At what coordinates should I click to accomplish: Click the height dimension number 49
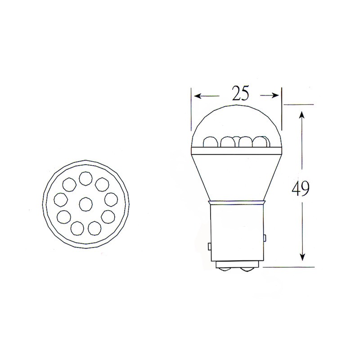301,189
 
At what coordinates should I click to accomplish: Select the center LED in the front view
85,204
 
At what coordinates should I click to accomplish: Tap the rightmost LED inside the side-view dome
260,141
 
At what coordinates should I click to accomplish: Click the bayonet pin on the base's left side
210,246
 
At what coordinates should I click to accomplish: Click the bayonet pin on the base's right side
265,237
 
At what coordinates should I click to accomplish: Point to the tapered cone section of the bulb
236,175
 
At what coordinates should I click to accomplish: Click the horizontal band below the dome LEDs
236,150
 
